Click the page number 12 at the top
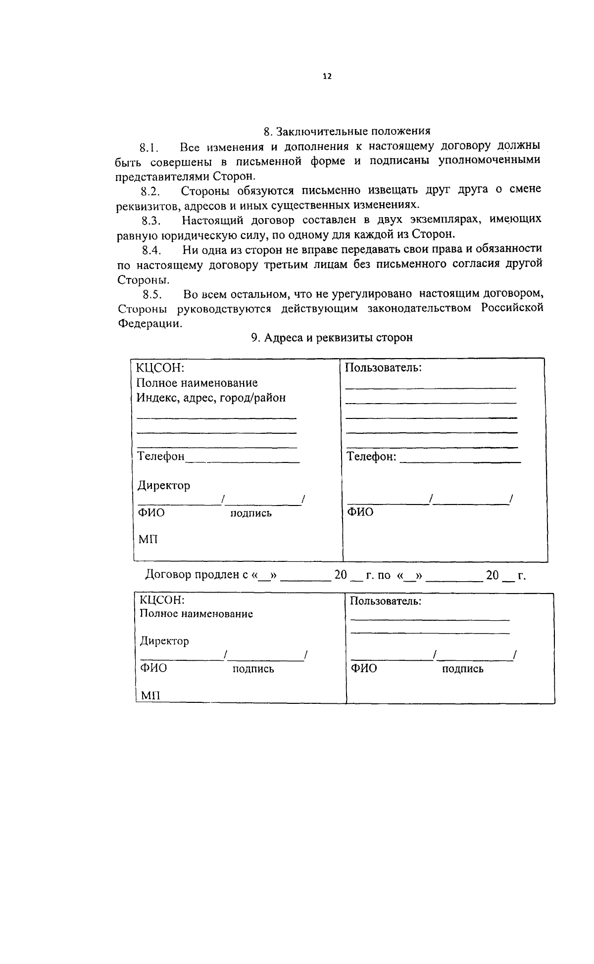[x=327, y=76]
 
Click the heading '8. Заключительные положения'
[x=346, y=132]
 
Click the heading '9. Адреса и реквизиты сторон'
[x=332, y=338]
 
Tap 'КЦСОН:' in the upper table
[x=160, y=368]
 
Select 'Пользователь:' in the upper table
[x=383, y=367]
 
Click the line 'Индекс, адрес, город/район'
[x=211, y=398]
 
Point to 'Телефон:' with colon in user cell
[x=371, y=457]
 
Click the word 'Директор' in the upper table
[x=163, y=486]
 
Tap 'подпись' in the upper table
[x=251, y=513]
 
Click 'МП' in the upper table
[x=148, y=539]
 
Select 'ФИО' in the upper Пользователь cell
[x=360, y=512]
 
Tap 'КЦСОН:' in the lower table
[x=162, y=600]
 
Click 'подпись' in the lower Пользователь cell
[x=462, y=669]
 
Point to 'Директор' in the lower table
[x=164, y=641]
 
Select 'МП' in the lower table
[x=150, y=696]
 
